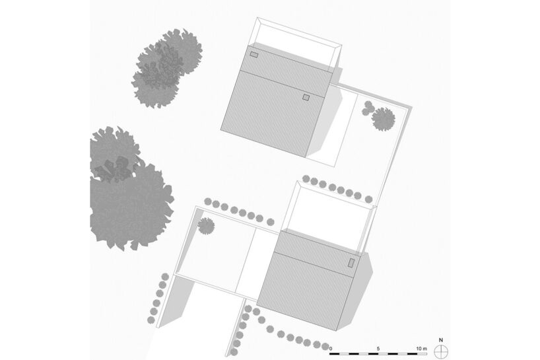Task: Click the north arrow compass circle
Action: (441, 351)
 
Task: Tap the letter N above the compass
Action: (441, 340)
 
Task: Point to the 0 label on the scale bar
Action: (331, 349)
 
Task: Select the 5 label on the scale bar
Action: (378, 349)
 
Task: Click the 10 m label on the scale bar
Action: (421, 349)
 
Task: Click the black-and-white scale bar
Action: (378, 354)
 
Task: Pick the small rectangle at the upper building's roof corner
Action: (253, 54)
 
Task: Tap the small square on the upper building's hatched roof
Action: (306, 98)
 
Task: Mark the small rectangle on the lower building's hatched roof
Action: (351, 263)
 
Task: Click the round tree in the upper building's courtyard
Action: (384, 119)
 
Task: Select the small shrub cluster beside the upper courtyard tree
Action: (368, 108)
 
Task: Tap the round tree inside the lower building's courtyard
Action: (206, 226)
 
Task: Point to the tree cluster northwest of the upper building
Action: (166, 69)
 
